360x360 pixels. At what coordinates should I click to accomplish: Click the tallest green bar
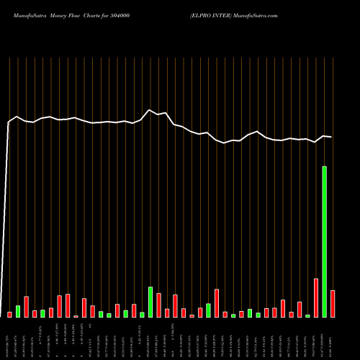tap(324, 242)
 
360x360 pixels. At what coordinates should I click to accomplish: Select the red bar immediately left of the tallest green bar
tap(316, 297)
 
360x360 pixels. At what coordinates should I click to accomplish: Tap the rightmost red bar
tap(333, 303)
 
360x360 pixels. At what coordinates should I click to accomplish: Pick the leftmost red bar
tap(10, 314)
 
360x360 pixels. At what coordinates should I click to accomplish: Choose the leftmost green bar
tap(18, 311)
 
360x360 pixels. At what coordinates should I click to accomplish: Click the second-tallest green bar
tap(150, 302)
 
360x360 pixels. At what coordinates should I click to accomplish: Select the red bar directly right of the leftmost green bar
tap(27, 307)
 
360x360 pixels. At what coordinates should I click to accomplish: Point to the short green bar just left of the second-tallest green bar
tap(142, 314)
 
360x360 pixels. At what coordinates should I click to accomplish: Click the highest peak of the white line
tap(150, 110)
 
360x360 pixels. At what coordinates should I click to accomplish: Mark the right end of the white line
tap(331, 137)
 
